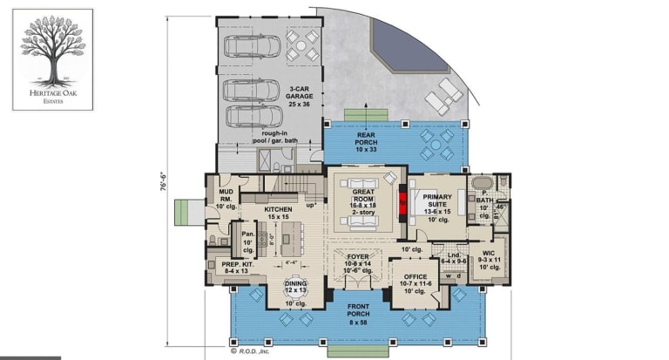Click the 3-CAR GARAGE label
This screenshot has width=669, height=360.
tap(296, 93)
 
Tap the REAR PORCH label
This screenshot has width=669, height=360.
tap(366, 141)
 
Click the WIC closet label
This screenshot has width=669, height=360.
tap(490, 259)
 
